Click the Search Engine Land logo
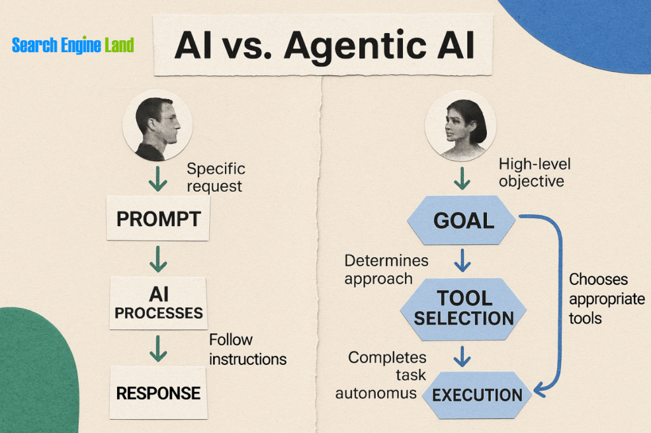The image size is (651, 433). click(73, 46)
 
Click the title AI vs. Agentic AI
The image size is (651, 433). click(324, 46)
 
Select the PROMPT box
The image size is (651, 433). click(158, 219)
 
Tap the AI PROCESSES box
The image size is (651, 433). click(158, 303)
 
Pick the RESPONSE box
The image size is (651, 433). click(158, 392)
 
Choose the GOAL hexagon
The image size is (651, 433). click(463, 221)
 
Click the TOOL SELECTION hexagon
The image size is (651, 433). click(463, 308)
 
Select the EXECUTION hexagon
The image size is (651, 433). click(477, 394)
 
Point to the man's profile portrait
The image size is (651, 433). click(157, 126)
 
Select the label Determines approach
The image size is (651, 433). click(386, 269)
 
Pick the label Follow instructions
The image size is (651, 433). click(247, 349)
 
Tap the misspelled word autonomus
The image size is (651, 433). click(376, 393)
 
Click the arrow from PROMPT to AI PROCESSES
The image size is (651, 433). click(158, 259)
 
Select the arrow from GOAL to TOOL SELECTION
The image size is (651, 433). click(463, 259)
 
